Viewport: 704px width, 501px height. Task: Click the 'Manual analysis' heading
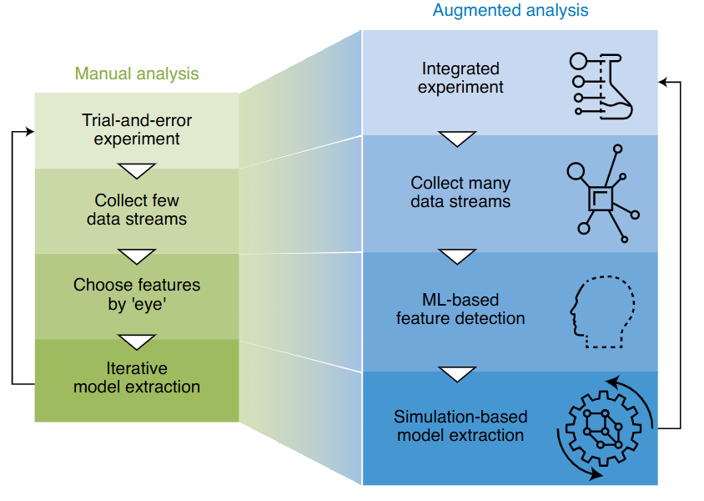[x=137, y=73]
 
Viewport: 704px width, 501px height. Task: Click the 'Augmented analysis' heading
[x=510, y=11]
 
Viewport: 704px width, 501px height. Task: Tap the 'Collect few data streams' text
[x=137, y=210]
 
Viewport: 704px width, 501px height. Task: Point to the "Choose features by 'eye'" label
[x=137, y=294]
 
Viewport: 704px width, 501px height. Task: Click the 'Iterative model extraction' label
[x=137, y=377]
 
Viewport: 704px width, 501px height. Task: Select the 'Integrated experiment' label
[x=460, y=78]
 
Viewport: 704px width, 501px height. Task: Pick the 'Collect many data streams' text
[x=460, y=192]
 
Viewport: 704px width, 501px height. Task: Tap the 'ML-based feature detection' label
[x=460, y=309]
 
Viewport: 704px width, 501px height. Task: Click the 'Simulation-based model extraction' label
[x=460, y=426]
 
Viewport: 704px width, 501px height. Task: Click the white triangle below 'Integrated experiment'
[x=457, y=139]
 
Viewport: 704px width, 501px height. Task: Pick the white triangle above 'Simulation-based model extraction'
[x=457, y=373]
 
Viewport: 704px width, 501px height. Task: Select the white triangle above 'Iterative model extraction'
[x=137, y=341]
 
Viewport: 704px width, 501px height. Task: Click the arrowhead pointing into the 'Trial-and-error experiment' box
[x=30, y=131]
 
